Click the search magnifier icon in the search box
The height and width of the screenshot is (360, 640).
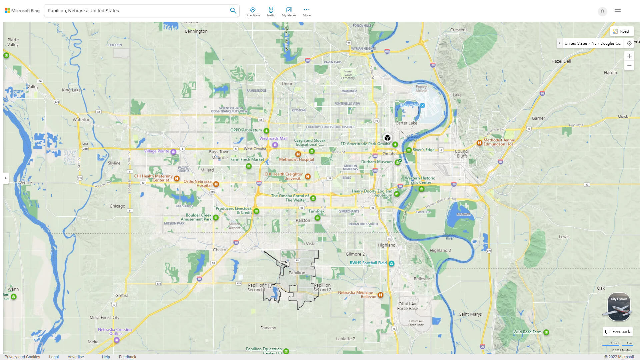[x=233, y=11]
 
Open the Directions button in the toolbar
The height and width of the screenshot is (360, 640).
[x=252, y=11]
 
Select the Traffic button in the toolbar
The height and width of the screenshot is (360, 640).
[x=271, y=11]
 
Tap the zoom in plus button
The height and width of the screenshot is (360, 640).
[x=629, y=56]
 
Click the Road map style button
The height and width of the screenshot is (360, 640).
[x=621, y=31]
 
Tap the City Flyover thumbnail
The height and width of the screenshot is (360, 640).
[x=619, y=307]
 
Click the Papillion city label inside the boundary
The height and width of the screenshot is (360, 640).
[x=297, y=273]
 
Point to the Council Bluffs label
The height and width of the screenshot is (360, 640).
[x=462, y=153]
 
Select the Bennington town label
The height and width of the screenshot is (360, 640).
[x=196, y=31]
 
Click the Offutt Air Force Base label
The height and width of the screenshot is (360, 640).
[x=407, y=306]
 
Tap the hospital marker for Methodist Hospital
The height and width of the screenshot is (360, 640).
[x=298, y=154]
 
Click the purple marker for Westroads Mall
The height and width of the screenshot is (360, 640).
[x=275, y=145]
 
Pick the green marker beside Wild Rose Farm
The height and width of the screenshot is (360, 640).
[x=546, y=332]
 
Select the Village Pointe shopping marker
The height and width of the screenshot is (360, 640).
[x=173, y=152]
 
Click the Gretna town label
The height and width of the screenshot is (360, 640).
[x=122, y=295]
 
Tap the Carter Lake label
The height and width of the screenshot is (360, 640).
[x=406, y=123]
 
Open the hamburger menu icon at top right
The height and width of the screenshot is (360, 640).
[x=618, y=11]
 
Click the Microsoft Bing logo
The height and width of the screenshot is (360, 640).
[x=22, y=11]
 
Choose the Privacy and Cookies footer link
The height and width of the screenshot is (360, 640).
[x=22, y=357]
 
